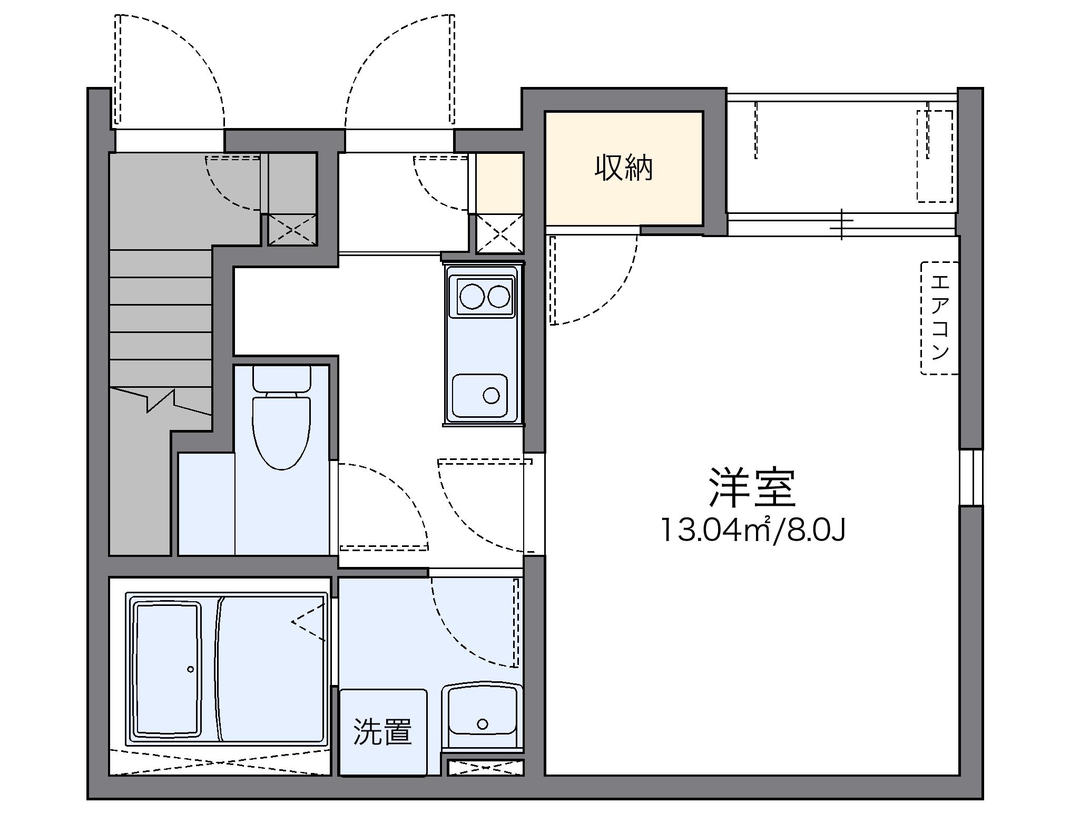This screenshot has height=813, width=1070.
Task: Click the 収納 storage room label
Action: [624, 169]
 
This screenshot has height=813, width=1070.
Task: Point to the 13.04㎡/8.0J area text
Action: [753, 530]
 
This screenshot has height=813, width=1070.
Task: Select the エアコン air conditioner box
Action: [939, 318]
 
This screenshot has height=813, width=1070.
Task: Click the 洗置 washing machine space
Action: [382, 732]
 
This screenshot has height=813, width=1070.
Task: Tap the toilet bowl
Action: [281, 432]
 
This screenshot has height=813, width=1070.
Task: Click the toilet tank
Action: [281, 378]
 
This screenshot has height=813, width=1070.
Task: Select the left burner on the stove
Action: [472, 296]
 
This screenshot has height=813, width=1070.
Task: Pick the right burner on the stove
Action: [499, 296]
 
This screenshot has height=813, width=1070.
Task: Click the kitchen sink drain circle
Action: [491, 395]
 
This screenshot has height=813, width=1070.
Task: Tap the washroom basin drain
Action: [483, 724]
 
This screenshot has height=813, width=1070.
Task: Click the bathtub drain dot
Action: [190, 670]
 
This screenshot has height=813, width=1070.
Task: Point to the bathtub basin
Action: [168, 670]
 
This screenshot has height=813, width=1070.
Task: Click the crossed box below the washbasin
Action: [485, 768]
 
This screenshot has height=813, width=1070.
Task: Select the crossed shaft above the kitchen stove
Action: [499, 233]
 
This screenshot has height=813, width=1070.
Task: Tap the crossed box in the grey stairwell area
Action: [292, 230]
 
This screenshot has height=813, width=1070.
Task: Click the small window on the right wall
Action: [970, 477]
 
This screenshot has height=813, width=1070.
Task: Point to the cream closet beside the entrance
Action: [499, 182]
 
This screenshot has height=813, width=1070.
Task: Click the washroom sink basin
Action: [483, 711]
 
